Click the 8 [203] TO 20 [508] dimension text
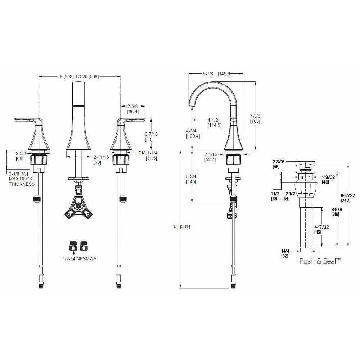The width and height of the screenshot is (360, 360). pyautogui.click(x=79, y=76)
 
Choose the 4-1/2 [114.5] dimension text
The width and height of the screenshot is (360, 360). pyautogui.click(x=215, y=123)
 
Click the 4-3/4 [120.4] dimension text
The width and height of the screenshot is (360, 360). pyautogui.click(x=193, y=134)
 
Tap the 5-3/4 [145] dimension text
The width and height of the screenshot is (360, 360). pyautogui.click(x=193, y=179)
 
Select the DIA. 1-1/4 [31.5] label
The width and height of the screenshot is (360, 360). pyautogui.click(x=148, y=156)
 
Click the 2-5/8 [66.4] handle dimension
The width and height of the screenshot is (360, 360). pyautogui.click(x=133, y=109)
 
